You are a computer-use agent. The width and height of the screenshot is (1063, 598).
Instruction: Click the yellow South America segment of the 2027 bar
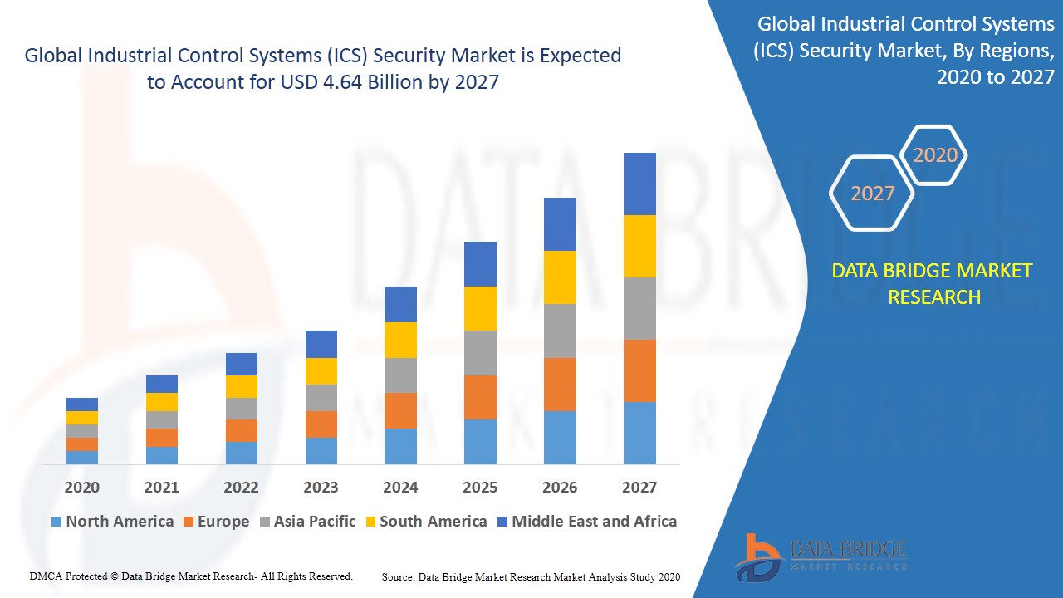click(639, 246)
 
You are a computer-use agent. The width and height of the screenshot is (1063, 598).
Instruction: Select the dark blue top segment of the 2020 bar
click(82, 404)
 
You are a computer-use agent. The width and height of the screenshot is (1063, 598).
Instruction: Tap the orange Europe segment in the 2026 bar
click(560, 385)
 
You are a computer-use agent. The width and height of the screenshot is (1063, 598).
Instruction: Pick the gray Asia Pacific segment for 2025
click(480, 353)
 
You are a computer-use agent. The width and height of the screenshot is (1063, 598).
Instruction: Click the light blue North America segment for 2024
click(400, 446)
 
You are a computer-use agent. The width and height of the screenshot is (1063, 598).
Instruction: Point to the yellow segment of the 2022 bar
click(242, 386)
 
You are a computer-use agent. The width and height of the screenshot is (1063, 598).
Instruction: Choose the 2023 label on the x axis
click(321, 488)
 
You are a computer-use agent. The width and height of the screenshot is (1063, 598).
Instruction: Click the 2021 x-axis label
click(161, 488)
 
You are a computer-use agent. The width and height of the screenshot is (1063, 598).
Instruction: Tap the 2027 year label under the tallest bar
click(639, 488)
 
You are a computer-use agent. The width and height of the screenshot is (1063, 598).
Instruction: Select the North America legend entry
click(112, 522)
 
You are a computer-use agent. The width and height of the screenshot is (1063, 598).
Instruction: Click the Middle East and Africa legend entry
click(586, 522)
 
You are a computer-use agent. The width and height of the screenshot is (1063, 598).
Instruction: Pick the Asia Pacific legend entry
click(307, 522)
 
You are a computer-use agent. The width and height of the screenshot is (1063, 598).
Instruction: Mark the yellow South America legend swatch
click(369, 522)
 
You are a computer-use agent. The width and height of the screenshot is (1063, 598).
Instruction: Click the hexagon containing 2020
click(935, 155)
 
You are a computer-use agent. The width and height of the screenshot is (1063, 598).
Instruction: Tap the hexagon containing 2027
click(872, 194)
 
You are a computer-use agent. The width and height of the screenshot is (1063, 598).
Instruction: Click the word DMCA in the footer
click(44, 576)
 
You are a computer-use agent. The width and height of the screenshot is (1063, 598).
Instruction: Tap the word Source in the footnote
click(398, 576)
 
